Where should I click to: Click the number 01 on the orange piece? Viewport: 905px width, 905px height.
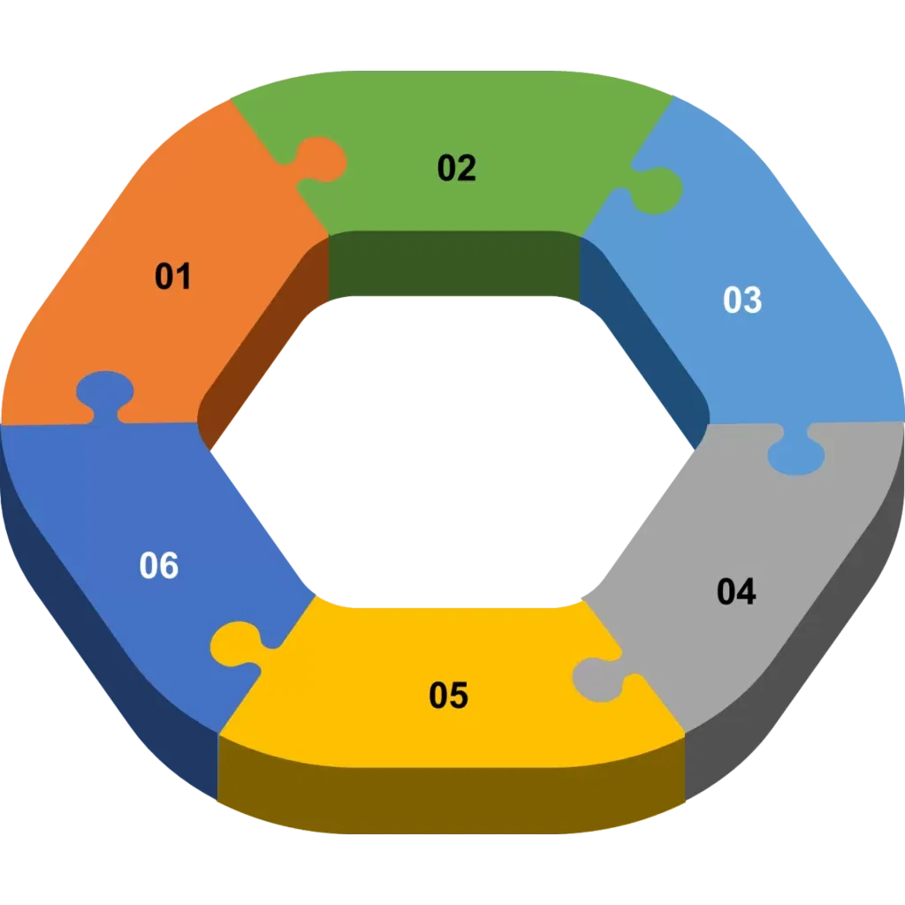tap(173, 277)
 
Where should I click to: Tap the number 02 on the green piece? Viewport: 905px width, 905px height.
tap(457, 168)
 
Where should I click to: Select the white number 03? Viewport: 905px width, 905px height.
tap(741, 300)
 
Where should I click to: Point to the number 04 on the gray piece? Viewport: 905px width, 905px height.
tap(736, 592)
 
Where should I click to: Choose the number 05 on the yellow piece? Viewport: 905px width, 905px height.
tap(448, 696)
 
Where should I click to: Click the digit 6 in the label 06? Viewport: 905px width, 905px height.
tap(169, 566)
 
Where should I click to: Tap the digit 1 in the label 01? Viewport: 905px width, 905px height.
tap(182, 277)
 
